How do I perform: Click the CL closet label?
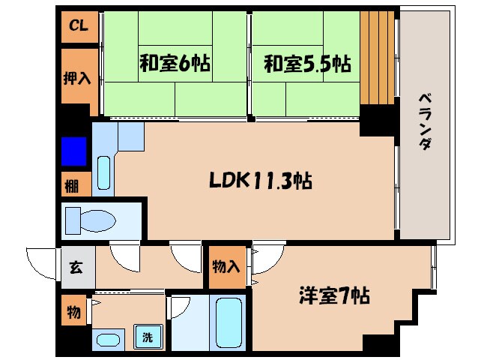click(79, 26)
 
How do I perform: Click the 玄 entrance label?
click(77, 267)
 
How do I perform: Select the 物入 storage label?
click(227, 267)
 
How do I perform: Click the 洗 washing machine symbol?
click(148, 337)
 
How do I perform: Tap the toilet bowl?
click(90, 220)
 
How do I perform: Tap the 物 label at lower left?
click(74, 312)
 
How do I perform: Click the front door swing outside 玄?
click(42, 262)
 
